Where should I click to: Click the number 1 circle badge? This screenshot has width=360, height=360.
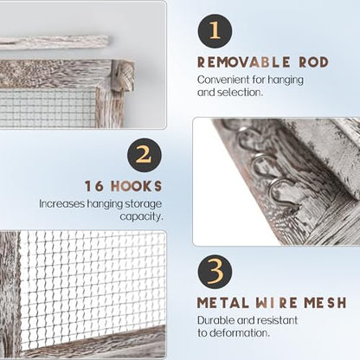pos(215,31)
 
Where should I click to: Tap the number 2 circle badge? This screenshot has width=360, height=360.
pos(145,156)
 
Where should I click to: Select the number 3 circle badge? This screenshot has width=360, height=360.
pos(215,273)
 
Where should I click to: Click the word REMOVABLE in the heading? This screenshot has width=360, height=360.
pos(243,62)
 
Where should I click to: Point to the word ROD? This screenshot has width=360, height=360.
pos(314,62)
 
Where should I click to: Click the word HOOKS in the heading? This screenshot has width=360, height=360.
pos(137,186)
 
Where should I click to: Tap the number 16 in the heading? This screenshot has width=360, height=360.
pos(94,186)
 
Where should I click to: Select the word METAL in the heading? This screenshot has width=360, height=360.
pos(222,303)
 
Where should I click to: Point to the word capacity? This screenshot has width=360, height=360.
pos(141,217)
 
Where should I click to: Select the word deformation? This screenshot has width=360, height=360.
pos(240,333)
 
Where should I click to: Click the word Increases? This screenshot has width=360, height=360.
pos(62,203)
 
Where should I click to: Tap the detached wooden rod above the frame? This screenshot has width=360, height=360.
pos(55,42)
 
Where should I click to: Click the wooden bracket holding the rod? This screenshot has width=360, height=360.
pos(123,76)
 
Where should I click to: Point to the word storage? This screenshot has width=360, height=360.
pos(143,204)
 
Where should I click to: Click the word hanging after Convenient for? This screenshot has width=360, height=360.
pos(286,80)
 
